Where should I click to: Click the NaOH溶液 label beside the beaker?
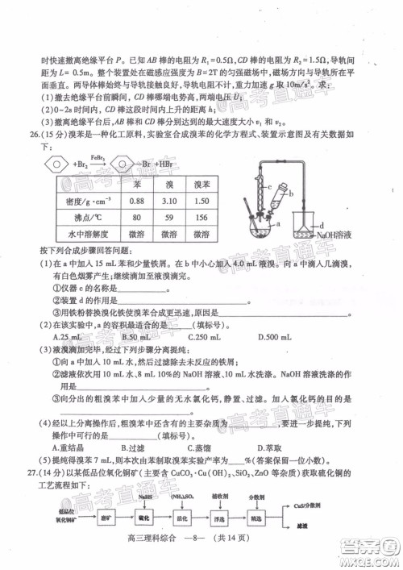tap(337, 234)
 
